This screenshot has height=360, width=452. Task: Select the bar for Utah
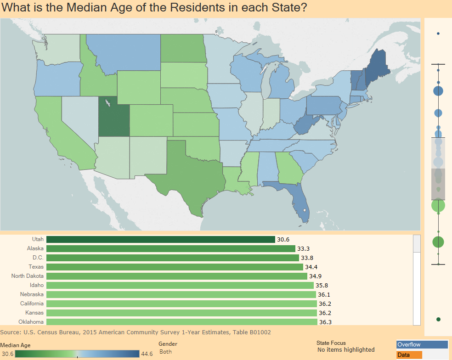coord(160,239)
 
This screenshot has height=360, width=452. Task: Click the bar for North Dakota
coord(176,276)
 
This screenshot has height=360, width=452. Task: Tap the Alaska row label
coord(35,248)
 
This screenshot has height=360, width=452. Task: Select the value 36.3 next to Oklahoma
coord(325,322)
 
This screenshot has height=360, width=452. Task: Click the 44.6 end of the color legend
coord(147,354)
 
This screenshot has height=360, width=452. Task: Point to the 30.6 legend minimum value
coord(7,354)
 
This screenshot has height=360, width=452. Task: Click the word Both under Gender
coord(165,351)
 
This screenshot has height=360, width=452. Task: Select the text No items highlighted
coord(346,350)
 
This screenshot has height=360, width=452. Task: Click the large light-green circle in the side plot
coord(439,206)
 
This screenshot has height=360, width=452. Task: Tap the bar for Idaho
coord(180,285)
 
